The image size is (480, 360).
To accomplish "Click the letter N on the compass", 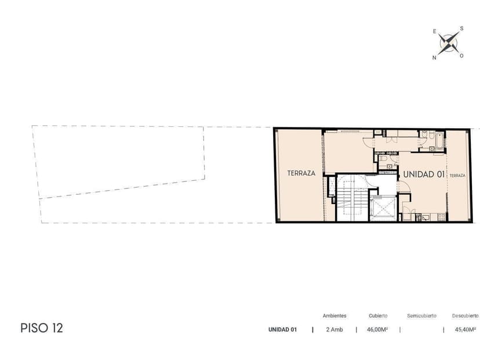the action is [x=434, y=57].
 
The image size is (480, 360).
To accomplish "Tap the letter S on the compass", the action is [x=461, y=28].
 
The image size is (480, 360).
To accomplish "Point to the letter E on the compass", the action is [x=434, y=31].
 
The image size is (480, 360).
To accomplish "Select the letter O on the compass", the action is [x=461, y=56].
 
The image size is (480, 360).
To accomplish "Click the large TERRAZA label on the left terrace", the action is [x=301, y=173].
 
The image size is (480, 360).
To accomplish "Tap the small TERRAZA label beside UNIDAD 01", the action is [x=457, y=176].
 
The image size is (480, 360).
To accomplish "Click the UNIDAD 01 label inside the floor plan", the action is [x=424, y=174].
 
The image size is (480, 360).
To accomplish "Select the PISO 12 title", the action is [x=42, y=328].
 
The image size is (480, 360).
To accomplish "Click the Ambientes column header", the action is [x=334, y=315].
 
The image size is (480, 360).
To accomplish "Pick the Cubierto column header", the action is [x=378, y=315].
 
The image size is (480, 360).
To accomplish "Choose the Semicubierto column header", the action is [x=421, y=315].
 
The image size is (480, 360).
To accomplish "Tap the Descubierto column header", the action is [x=466, y=315].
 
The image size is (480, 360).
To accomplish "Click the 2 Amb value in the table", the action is [x=334, y=330].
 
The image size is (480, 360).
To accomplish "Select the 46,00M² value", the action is [x=377, y=330].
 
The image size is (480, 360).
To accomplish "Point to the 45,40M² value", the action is [x=466, y=330].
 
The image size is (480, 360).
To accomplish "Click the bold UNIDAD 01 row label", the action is [x=282, y=330].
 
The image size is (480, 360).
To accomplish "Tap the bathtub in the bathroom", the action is [x=440, y=140].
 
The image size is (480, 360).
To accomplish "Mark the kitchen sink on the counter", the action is [x=426, y=217].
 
